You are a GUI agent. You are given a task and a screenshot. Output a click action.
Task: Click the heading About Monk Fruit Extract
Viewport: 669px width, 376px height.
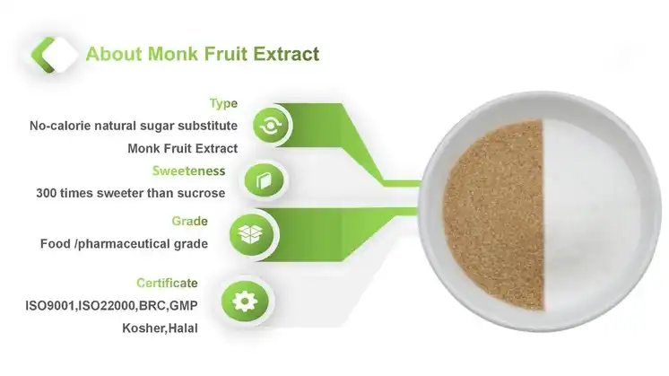(202, 54)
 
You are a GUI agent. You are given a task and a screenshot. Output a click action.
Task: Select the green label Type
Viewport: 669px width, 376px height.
(223, 103)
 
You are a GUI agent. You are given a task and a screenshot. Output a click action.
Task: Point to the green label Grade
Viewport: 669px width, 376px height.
(190, 221)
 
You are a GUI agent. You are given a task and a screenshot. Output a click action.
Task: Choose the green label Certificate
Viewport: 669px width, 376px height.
(167, 283)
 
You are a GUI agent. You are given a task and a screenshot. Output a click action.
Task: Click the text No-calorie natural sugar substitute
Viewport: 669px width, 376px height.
(133, 126)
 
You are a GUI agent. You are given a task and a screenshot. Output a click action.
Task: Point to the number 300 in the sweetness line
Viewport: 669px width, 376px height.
(48, 193)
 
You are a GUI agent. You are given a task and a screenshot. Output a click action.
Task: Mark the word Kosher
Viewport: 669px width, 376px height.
(141, 328)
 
